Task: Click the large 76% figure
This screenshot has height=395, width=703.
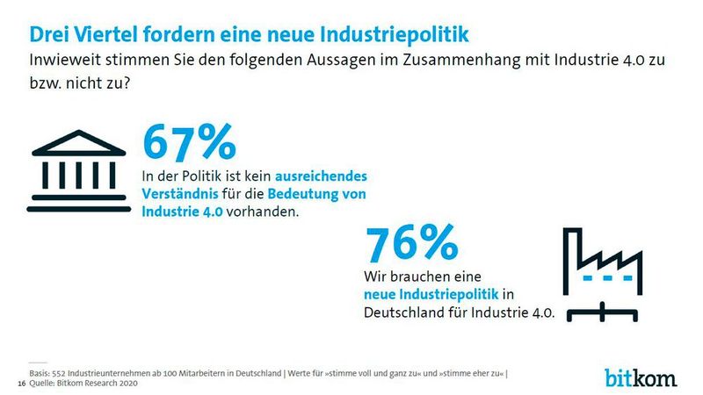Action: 410,243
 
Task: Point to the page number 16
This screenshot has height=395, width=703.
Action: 21,384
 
